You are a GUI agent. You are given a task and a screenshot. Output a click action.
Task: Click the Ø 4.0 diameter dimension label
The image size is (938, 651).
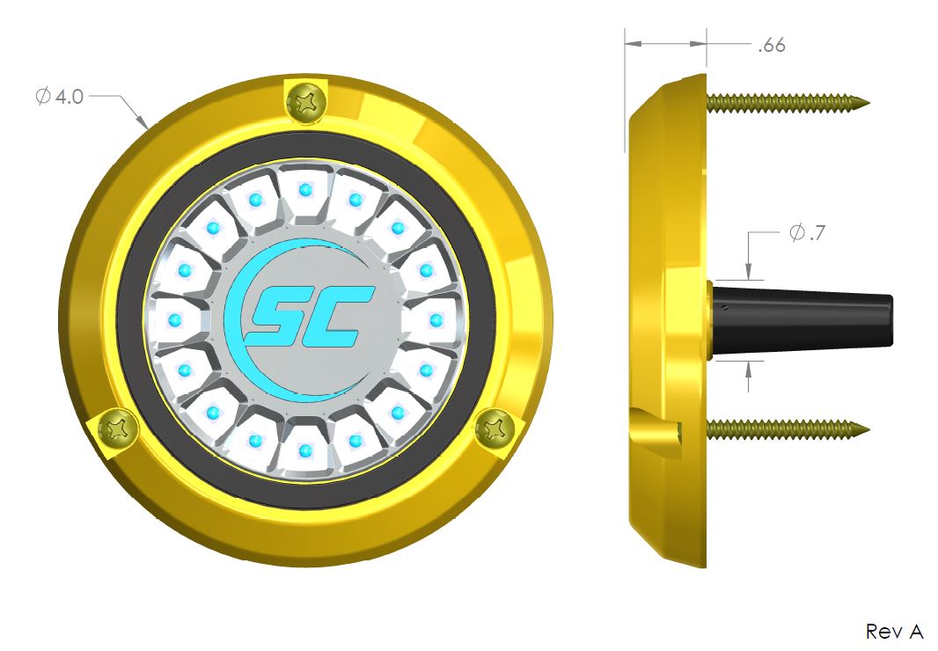tap(60, 97)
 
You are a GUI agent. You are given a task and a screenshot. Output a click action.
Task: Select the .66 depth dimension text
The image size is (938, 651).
tap(771, 46)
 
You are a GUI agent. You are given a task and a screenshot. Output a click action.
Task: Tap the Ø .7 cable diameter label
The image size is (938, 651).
tap(806, 234)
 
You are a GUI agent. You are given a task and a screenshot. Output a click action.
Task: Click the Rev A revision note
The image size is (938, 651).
tap(894, 631)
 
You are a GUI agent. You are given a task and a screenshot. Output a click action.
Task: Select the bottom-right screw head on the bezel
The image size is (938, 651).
tap(494, 429)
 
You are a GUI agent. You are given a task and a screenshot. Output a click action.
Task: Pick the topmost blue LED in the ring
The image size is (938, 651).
tap(305, 188)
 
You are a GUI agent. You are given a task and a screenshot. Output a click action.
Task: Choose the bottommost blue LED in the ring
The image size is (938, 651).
tap(305, 450)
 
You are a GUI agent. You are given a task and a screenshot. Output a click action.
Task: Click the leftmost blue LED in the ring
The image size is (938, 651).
tap(173, 318)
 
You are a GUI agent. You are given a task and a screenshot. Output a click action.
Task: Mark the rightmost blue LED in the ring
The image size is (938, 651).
tap(436, 318)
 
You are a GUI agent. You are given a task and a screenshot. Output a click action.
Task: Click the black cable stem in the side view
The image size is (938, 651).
tap(801, 318)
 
